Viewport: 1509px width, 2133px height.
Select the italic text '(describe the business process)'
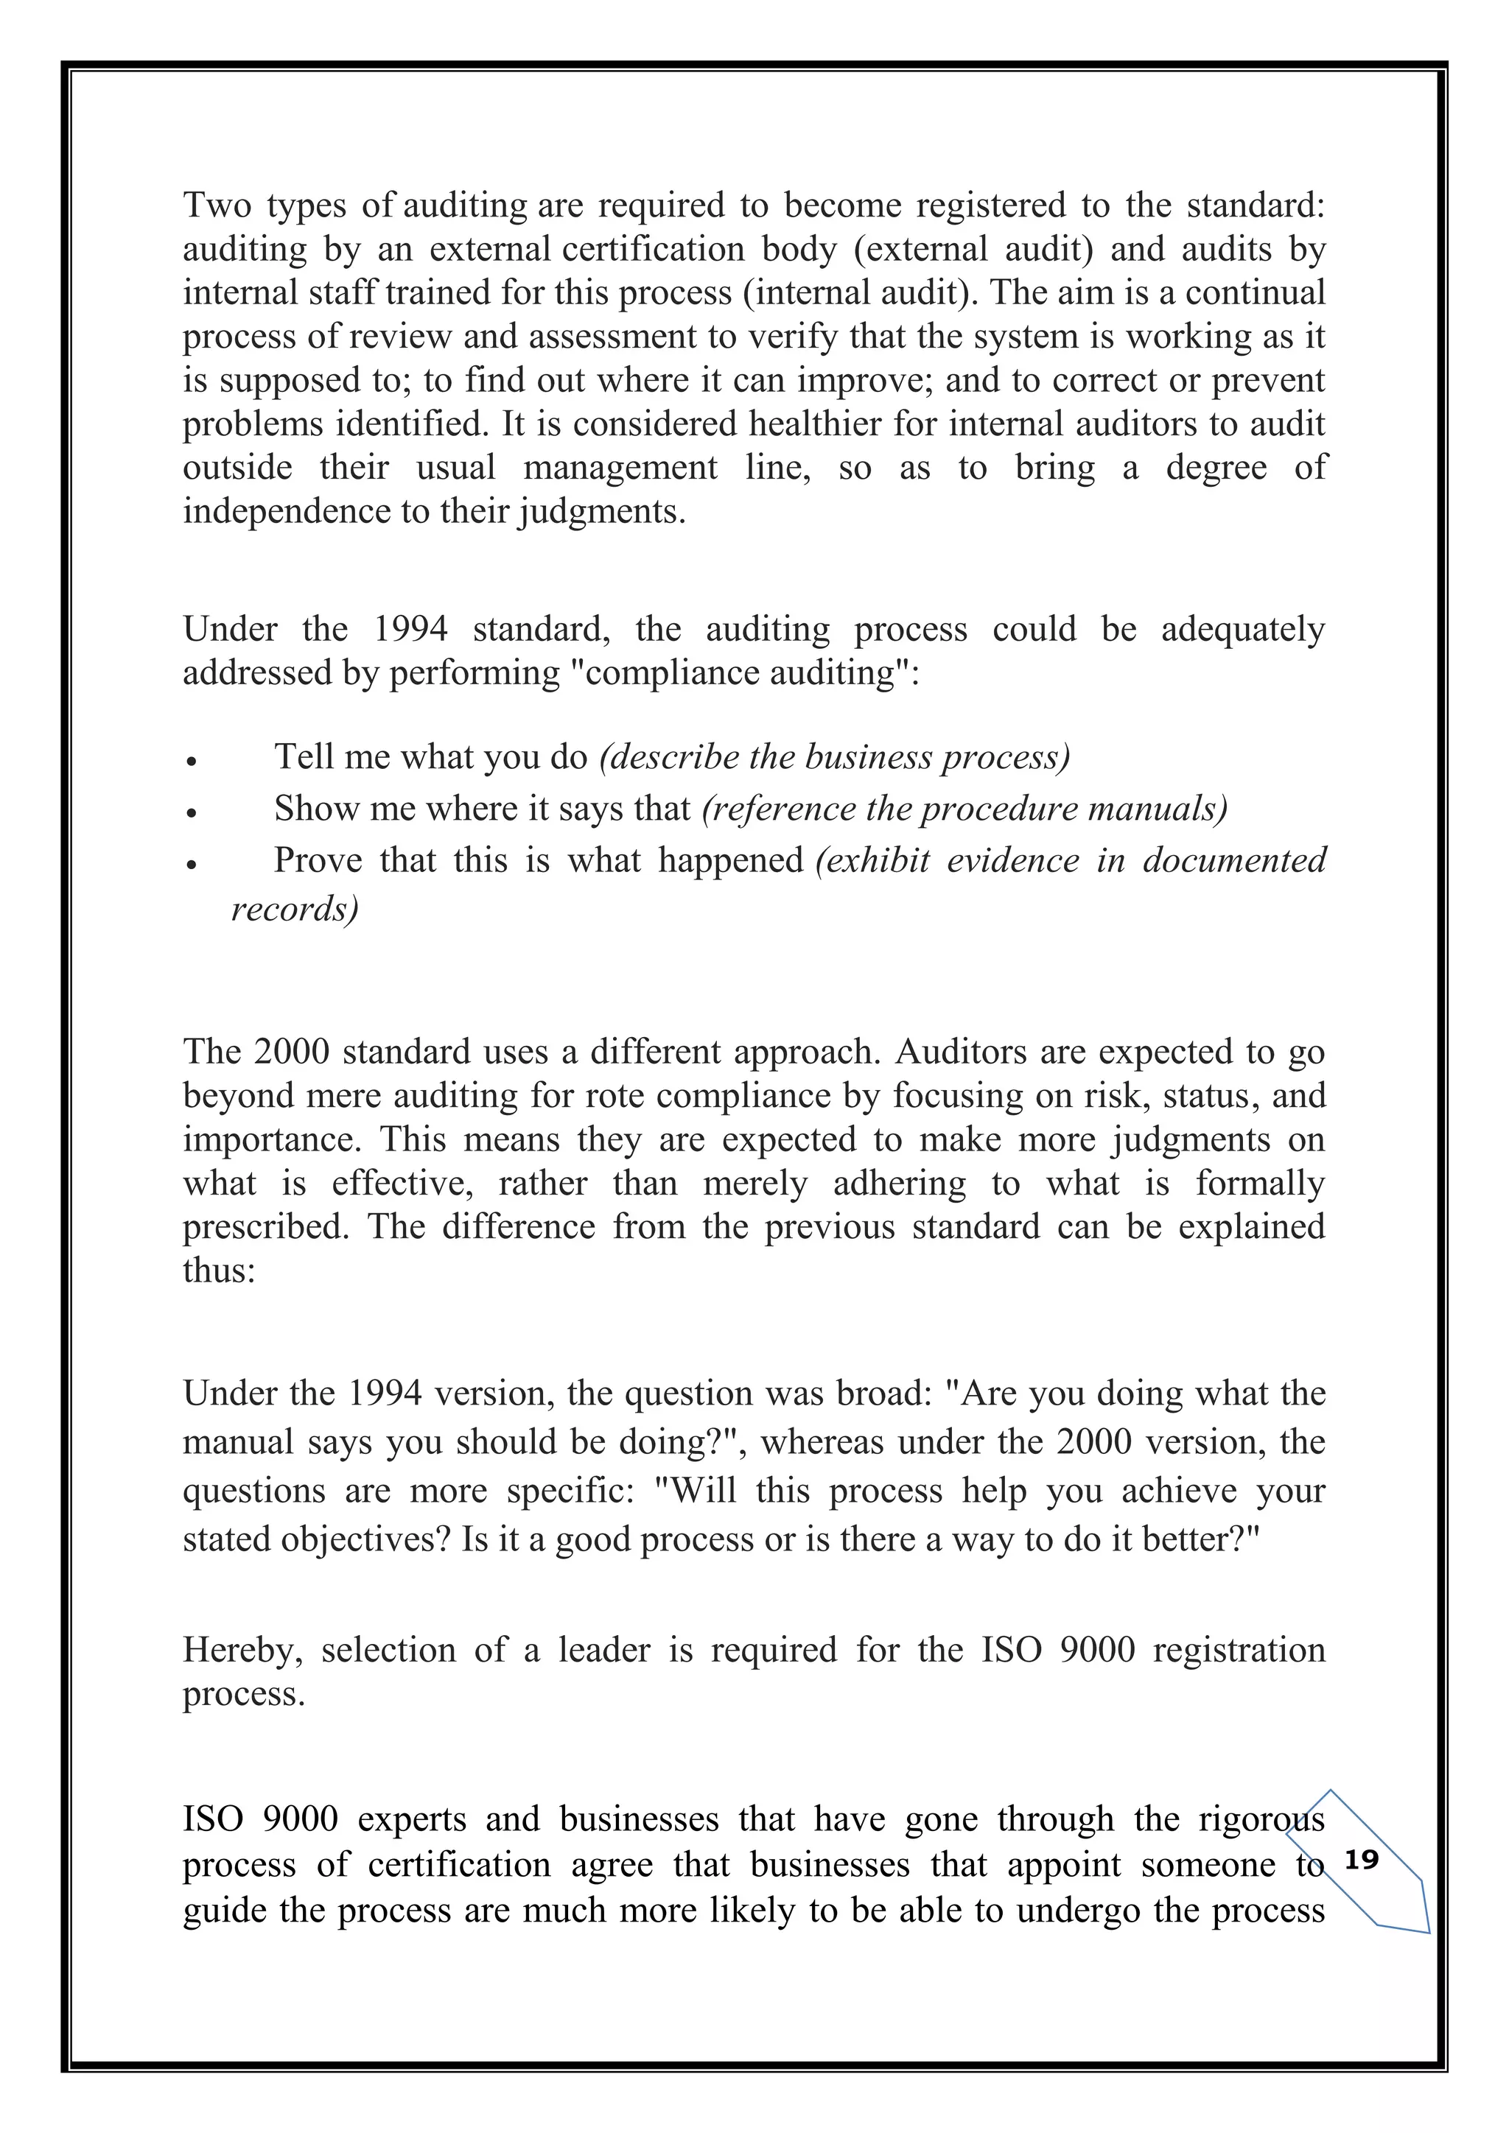click(834, 757)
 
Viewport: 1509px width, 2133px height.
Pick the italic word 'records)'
click(295, 909)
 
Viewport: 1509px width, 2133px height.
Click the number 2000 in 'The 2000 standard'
click(291, 1052)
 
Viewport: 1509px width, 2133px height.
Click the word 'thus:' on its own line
click(218, 1270)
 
